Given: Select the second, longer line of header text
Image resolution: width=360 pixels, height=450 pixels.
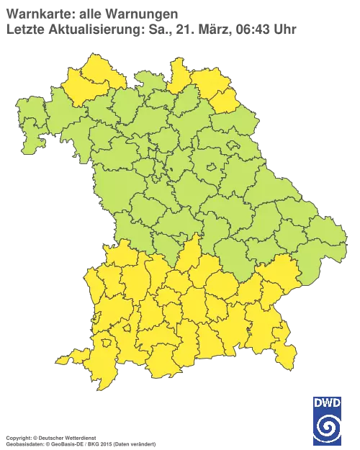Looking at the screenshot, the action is tap(151, 30).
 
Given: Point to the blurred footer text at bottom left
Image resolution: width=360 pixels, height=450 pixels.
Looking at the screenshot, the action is tap(79, 437).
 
